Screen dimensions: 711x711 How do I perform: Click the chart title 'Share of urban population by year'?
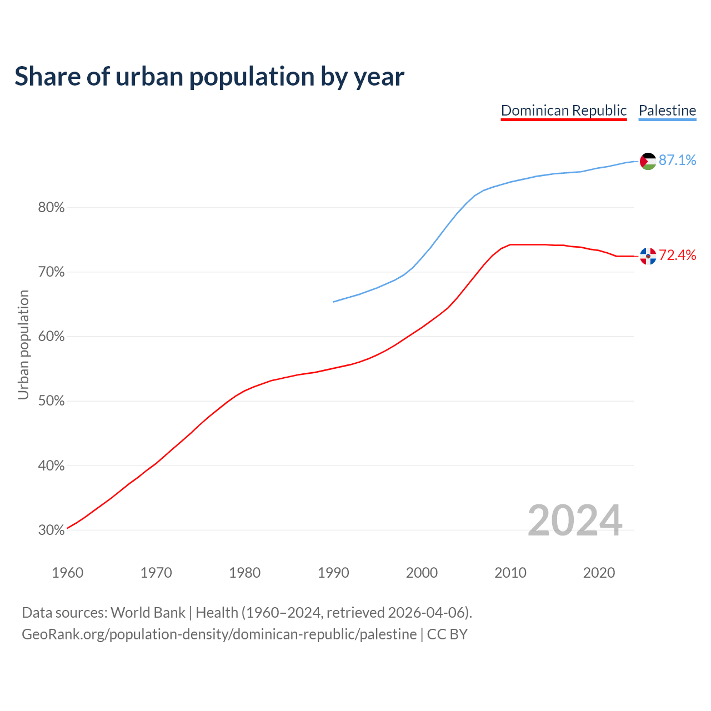point(209,77)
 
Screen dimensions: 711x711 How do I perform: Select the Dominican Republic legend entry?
point(564,111)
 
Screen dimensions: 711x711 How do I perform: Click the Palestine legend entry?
point(667,111)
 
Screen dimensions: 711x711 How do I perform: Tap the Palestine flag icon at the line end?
point(648,161)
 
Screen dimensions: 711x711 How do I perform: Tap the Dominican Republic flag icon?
point(648,256)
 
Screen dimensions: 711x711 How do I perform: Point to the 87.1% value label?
point(678,161)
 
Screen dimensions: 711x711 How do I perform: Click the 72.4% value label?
point(678,256)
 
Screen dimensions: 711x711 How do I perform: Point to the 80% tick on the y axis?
point(52,208)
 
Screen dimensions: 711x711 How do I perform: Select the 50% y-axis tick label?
point(52,401)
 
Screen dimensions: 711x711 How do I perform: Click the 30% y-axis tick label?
point(52,530)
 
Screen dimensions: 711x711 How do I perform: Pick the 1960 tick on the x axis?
point(67,573)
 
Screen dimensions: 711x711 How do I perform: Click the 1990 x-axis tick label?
point(333,573)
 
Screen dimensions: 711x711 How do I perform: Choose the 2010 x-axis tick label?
point(510,573)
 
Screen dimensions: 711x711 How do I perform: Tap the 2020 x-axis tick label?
point(599,573)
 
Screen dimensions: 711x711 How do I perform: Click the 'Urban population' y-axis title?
point(23,345)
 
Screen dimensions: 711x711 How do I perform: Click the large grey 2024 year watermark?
point(575,521)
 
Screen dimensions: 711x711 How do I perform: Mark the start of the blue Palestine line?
point(333,302)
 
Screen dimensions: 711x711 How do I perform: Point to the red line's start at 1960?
point(67,528)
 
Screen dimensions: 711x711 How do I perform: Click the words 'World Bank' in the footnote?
point(148,613)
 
